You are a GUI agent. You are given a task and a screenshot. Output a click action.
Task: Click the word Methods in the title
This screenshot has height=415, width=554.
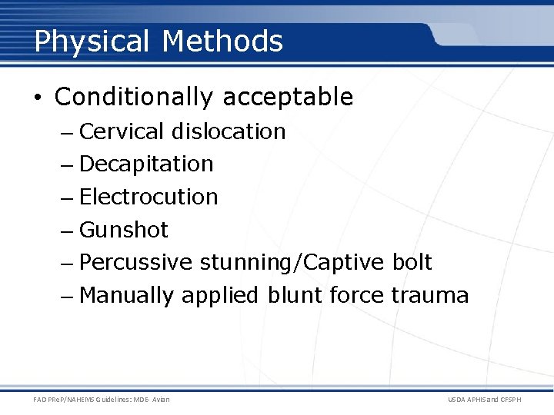(222, 41)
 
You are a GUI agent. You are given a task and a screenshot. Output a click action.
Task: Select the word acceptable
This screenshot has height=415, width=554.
(288, 98)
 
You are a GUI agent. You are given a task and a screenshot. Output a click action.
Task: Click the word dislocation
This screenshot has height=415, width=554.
(229, 131)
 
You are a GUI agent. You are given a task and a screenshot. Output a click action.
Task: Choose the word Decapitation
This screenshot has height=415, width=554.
(146, 164)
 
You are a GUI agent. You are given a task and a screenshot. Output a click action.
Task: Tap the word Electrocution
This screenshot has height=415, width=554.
(149, 197)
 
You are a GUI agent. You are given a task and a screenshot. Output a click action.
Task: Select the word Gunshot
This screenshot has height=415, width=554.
(123, 230)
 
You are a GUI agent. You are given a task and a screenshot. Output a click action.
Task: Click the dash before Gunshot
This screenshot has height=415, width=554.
(67, 230)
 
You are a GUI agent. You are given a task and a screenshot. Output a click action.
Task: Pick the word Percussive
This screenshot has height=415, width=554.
(135, 263)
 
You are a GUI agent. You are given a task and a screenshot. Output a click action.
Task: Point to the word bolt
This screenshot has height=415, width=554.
(412, 263)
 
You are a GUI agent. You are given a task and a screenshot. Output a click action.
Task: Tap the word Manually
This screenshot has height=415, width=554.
(127, 295)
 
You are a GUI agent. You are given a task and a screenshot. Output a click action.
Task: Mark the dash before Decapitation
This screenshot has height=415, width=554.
(67, 164)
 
